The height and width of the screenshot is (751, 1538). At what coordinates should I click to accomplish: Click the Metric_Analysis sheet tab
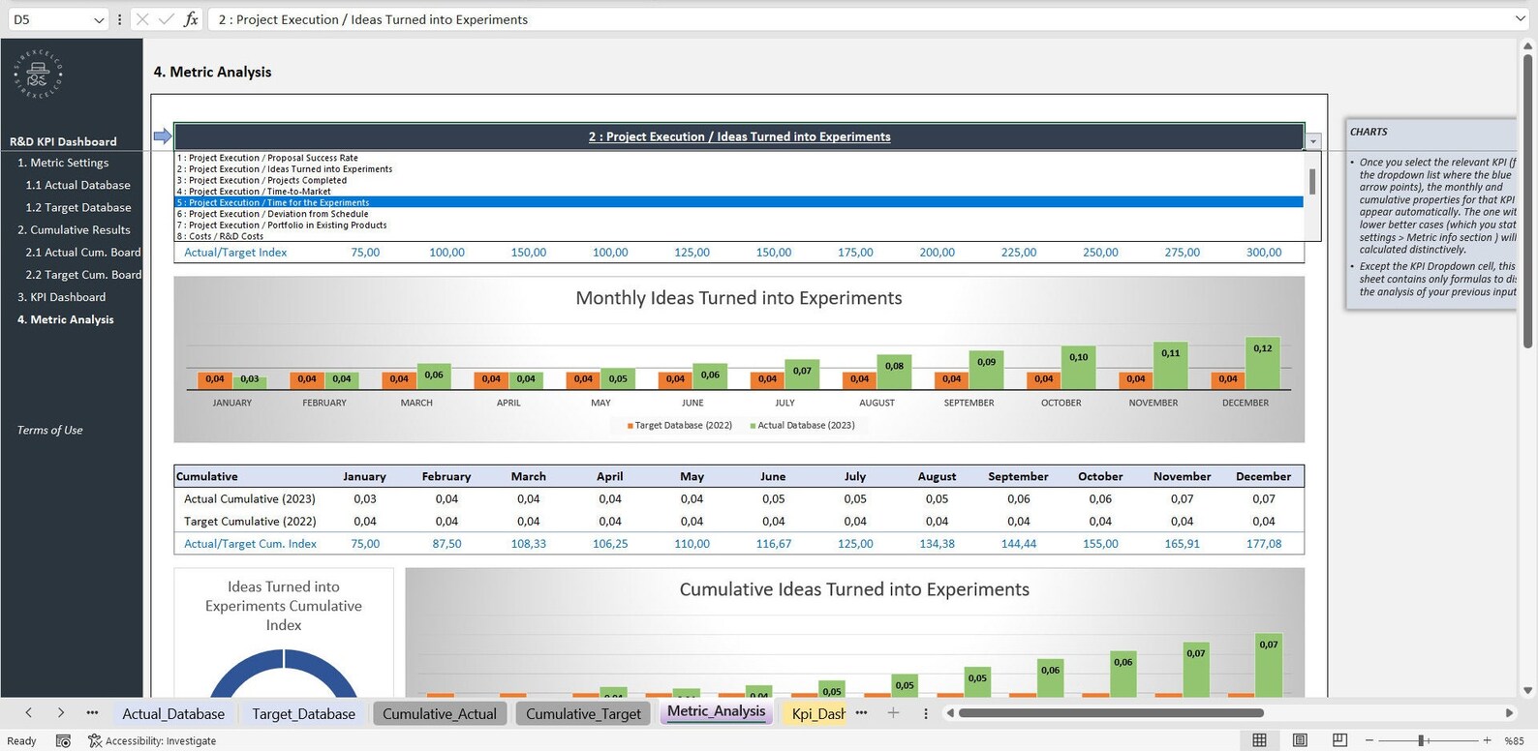[716, 711]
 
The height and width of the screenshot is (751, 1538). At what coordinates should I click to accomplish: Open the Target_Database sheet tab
[303, 713]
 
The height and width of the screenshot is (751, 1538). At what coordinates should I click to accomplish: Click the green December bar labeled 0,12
[1262, 365]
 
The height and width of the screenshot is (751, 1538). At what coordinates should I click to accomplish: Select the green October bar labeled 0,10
[1078, 369]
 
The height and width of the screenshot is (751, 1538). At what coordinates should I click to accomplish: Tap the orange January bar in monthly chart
[215, 379]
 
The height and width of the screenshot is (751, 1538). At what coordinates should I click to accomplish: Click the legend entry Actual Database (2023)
[805, 425]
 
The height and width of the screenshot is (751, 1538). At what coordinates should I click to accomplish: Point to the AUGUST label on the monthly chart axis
[877, 403]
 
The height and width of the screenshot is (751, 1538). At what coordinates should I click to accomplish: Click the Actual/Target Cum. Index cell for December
[1263, 544]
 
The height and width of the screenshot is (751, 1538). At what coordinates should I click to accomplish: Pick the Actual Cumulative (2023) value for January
[365, 499]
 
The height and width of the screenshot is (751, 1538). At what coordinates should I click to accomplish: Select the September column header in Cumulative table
[1018, 476]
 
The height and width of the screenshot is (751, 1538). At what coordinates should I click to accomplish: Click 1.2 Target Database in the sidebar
[77, 207]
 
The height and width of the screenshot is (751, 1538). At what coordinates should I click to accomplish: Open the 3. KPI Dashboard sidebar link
[62, 297]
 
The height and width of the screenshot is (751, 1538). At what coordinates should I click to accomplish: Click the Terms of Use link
[49, 430]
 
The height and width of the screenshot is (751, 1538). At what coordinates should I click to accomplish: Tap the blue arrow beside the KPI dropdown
[162, 136]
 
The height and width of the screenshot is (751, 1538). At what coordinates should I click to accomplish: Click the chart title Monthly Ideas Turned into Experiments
[738, 298]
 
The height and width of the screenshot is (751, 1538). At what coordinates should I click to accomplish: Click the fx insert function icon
[191, 19]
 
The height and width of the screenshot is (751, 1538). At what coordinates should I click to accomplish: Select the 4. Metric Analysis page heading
[212, 72]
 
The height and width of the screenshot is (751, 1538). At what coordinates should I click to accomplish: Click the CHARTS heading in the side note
[1369, 132]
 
